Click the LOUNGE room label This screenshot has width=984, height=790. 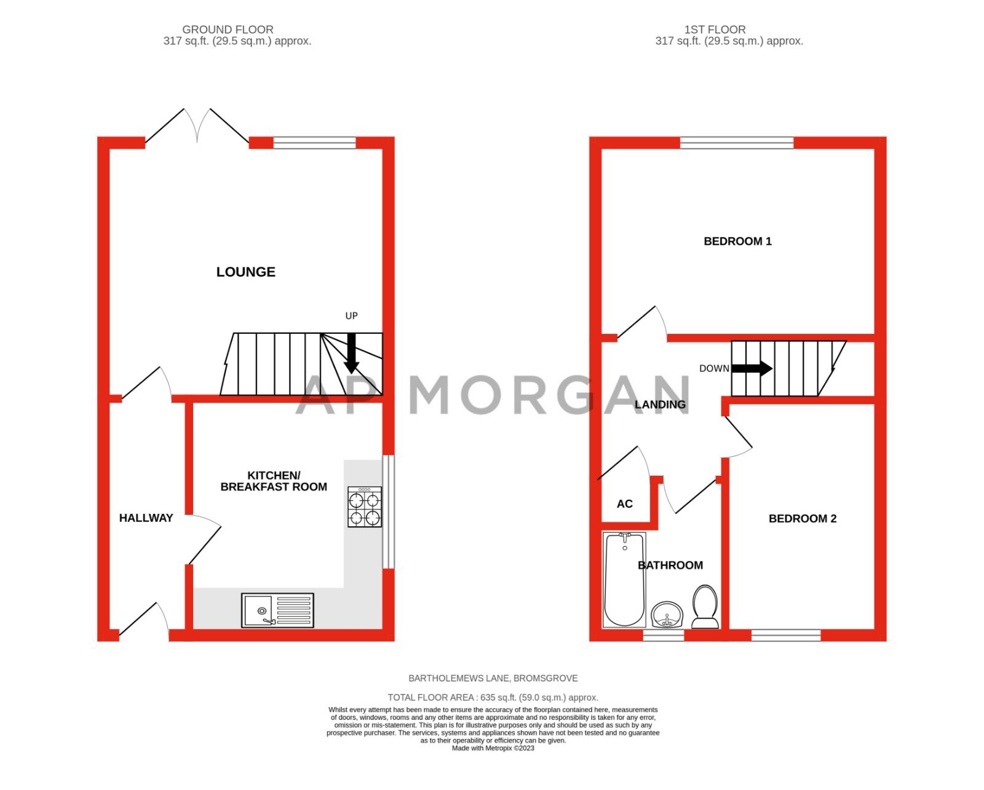(x=245, y=272)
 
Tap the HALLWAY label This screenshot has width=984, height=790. (x=146, y=518)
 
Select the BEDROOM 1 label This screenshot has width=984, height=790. (x=737, y=242)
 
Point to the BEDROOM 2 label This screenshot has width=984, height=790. (x=803, y=519)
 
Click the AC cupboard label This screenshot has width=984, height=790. (x=624, y=504)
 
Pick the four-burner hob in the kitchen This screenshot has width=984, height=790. (x=365, y=507)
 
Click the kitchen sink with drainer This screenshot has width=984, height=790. (x=277, y=610)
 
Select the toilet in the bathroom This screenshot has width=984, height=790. (x=705, y=606)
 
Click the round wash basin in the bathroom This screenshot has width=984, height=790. (x=667, y=614)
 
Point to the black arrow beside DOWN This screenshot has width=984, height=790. (x=752, y=368)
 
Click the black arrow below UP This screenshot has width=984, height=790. (x=351, y=354)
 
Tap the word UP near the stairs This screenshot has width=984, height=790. (x=351, y=316)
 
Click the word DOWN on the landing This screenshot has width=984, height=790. (x=714, y=369)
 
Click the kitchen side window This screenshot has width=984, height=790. (x=388, y=512)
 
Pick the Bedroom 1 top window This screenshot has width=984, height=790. (x=737, y=143)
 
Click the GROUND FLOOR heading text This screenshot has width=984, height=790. (x=228, y=30)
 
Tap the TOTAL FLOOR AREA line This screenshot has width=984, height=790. (x=493, y=697)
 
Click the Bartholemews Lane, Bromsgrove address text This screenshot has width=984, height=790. (x=493, y=678)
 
